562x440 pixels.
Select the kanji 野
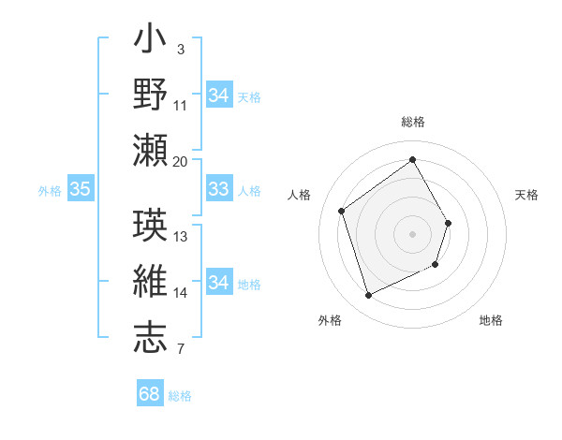pyautogui.click(x=151, y=95)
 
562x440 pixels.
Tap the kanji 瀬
pyautogui.click(x=151, y=150)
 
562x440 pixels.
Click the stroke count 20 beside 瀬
pyautogui.click(x=181, y=161)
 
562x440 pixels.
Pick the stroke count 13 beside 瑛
pyautogui.click(x=181, y=237)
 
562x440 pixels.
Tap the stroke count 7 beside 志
pyautogui.click(x=181, y=350)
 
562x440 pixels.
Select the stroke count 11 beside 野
pyautogui.click(x=181, y=105)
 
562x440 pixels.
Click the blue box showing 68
pyautogui.click(x=150, y=394)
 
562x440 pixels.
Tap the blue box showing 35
pyautogui.click(x=81, y=190)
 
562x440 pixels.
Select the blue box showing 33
pyautogui.click(x=219, y=190)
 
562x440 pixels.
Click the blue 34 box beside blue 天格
pyautogui.click(x=219, y=95)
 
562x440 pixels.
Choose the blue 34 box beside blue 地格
pyautogui.click(x=219, y=284)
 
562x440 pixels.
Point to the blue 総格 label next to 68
pyautogui.click(x=180, y=396)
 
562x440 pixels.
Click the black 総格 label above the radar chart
pyautogui.click(x=412, y=123)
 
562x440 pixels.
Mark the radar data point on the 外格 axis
pyautogui.click(x=368, y=296)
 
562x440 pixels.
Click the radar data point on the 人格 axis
pyautogui.click(x=342, y=212)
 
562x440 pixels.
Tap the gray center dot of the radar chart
pyautogui.click(x=412, y=234)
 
